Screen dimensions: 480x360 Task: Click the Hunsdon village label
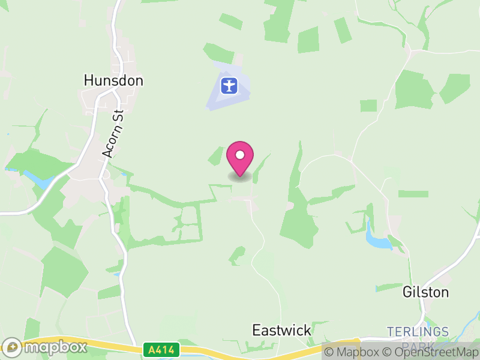[x=113, y=80]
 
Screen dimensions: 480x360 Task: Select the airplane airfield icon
[x=229, y=85]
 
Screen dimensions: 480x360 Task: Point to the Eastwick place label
[x=281, y=330]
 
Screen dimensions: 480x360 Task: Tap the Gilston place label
[x=425, y=292]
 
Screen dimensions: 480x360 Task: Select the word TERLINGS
[x=418, y=332]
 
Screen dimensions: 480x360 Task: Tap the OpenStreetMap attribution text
[x=429, y=352]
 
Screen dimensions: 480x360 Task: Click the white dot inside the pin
[x=240, y=155]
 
